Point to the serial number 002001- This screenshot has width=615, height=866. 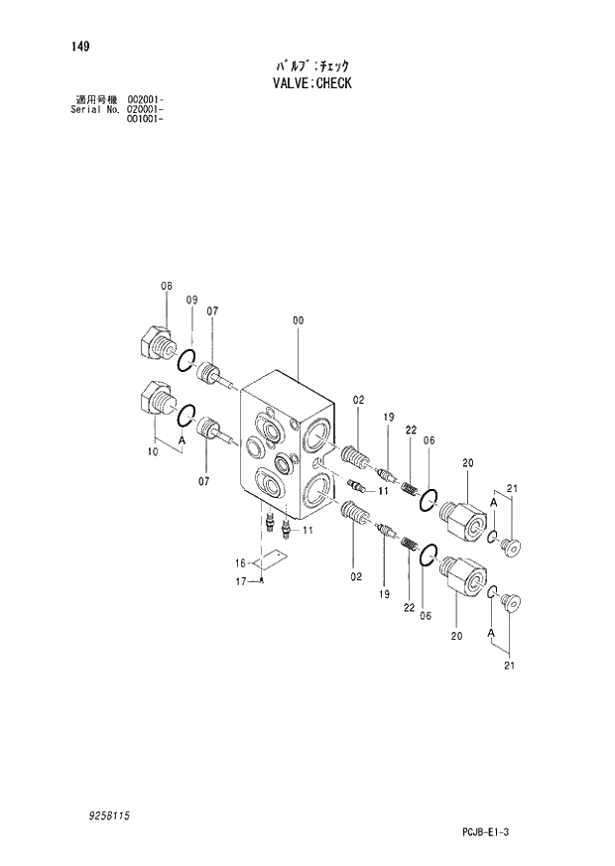[145, 100]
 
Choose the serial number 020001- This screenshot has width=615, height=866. [145, 109]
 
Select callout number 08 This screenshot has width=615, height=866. [167, 286]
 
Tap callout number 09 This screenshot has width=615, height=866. [191, 300]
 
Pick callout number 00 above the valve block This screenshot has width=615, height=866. [298, 320]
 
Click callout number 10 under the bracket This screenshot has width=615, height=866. [152, 452]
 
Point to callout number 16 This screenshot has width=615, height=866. [240, 561]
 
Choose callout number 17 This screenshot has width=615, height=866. [240, 581]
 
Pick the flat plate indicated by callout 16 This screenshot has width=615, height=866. [266, 562]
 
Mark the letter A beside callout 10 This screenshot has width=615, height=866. [182, 438]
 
